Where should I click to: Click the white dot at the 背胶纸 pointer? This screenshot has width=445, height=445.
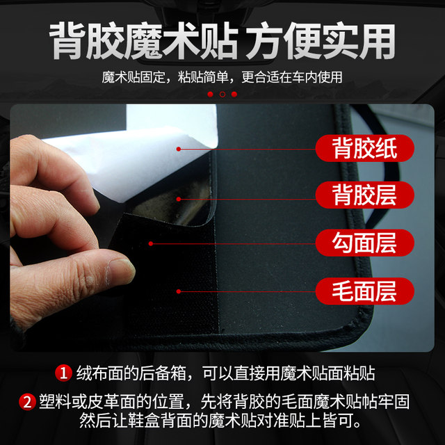click(x=179, y=149)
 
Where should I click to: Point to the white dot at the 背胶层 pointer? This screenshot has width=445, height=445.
click(x=179, y=199)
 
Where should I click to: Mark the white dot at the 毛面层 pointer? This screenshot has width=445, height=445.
click(x=179, y=291)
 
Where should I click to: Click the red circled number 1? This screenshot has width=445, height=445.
click(x=65, y=373)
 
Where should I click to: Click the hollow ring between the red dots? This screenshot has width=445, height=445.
click(x=222, y=94)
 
